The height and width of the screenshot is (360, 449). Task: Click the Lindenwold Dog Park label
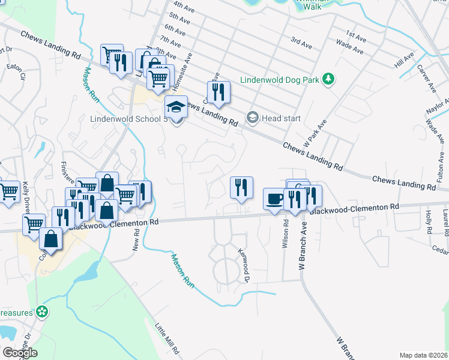tap(280, 79)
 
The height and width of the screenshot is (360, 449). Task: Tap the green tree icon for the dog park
tap(328, 79)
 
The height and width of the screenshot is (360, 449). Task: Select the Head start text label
tap(281, 118)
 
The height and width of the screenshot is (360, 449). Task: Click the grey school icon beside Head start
tap(253, 118)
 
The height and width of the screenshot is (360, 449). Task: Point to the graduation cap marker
tap(176, 106)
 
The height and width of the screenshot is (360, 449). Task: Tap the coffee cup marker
tap(274, 199)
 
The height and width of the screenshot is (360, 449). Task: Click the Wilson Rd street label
tap(285, 233)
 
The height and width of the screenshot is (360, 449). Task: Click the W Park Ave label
tap(315, 133)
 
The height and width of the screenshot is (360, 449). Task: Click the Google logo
tap(20, 353)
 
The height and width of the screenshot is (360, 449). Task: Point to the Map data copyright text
tap(424, 355)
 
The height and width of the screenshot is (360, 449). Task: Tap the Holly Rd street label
tap(428, 222)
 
